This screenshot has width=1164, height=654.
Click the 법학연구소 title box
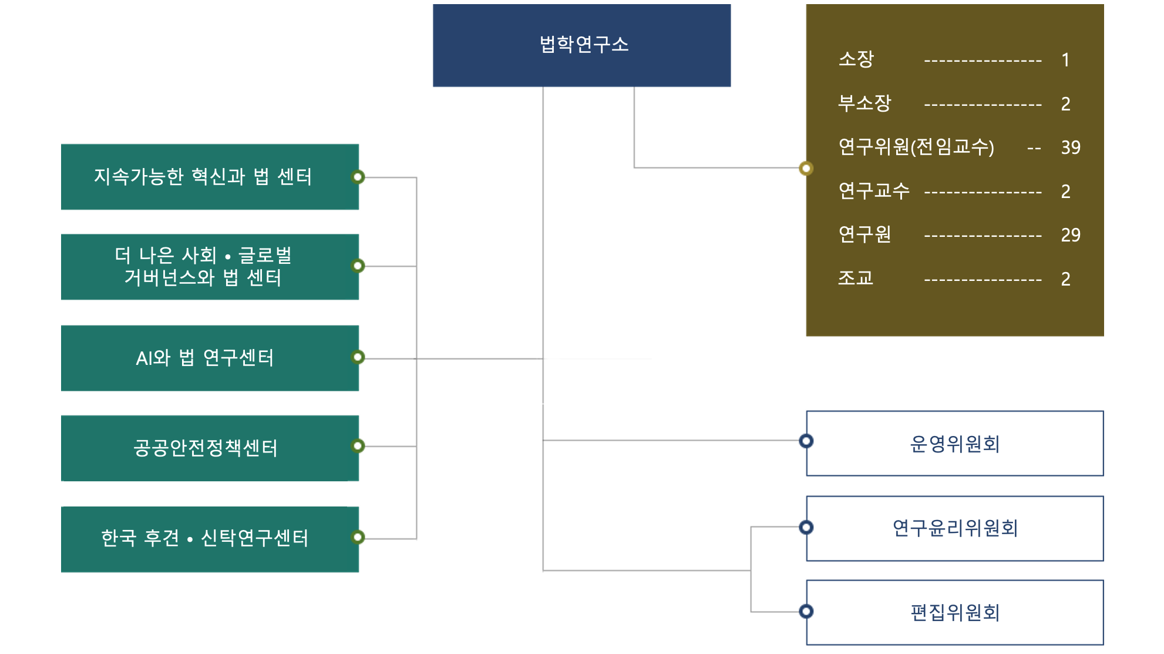pos(581,45)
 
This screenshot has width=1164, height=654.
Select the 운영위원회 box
pos(954,444)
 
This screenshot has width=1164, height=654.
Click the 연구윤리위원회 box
pos(954,528)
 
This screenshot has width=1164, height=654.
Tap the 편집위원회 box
pos(954,612)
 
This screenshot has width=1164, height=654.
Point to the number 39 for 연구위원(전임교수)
pos(1070,147)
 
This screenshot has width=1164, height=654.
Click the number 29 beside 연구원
pos(1070,235)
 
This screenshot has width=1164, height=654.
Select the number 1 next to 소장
pos(1065,60)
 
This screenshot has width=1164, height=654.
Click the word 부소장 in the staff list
pos(864,103)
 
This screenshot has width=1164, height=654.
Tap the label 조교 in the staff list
pos(856,278)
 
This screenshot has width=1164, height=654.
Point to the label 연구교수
pos(874,191)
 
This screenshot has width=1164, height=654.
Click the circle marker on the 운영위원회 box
pos(806,441)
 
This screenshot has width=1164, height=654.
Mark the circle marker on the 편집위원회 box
pos(806,611)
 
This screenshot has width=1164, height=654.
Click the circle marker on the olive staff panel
pos(806,169)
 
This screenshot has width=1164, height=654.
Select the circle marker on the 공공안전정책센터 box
pos(358,446)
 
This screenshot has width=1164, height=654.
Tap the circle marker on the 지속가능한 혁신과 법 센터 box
pos(358,177)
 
